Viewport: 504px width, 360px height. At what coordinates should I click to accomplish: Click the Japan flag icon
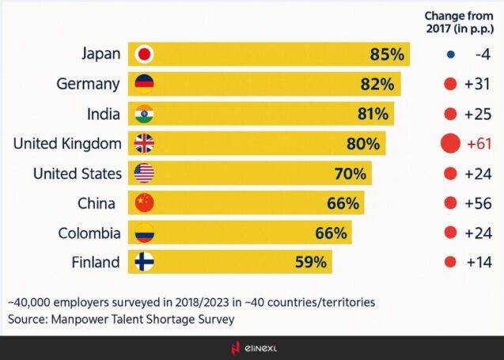coord(145,55)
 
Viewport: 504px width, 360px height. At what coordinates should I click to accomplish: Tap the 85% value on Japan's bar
coord(387,55)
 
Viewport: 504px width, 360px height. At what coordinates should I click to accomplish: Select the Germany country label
coord(89,84)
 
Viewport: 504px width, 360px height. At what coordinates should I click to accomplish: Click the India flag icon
coord(145,114)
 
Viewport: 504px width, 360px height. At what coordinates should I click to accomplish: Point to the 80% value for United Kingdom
coord(365,144)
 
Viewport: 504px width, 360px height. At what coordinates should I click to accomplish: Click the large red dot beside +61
coord(450,143)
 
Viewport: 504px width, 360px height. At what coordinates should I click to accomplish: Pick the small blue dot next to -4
coord(450,55)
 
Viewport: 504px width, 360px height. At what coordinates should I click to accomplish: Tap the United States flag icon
coord(145,173)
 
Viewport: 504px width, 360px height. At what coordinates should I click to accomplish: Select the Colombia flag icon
coord(145,233)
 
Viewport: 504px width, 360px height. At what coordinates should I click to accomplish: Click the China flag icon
coord(145,203)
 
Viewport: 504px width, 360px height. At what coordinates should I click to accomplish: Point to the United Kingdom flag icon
coord(145,144)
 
